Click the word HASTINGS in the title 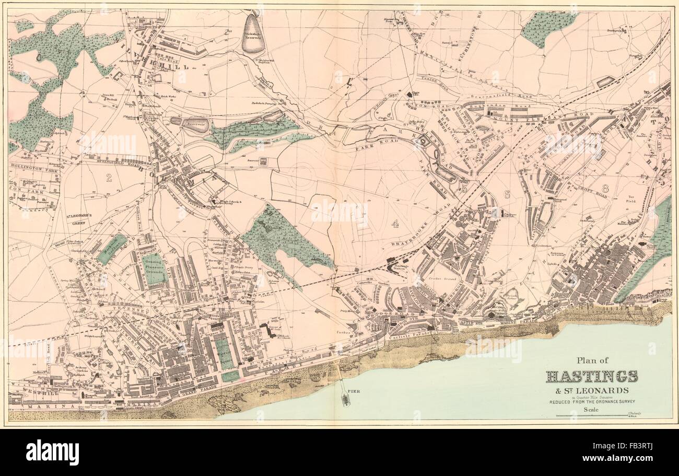pyautogui.click(x=591, y=376)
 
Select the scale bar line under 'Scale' pyautogui.click(x=590, y=416)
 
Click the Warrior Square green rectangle pyautogui.click(x=224, y=353)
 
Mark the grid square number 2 pyautogui.click(x=109, y=178)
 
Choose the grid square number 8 pyautogui.click(x=605, y=188)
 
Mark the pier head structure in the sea pyautogui.click(x=345, y=399)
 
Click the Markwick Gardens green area pyautogui.click(x=111, y=248)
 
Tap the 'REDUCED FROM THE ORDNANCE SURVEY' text pyautogui.click(x=591, y=402)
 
